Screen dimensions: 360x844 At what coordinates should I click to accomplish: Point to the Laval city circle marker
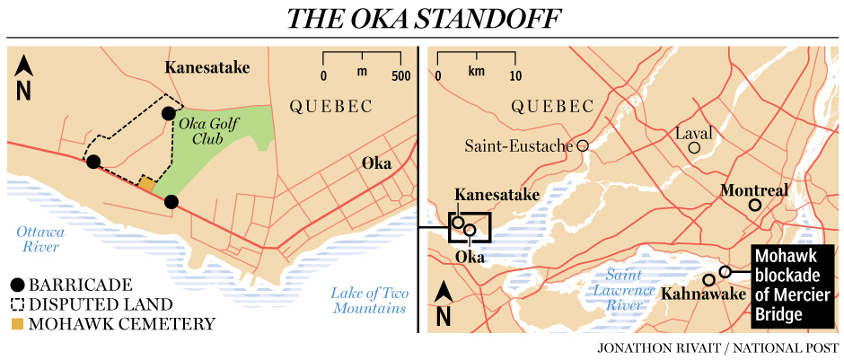click(x=693, y=147)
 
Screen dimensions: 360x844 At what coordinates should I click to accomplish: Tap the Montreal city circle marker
click(x=755, y=206)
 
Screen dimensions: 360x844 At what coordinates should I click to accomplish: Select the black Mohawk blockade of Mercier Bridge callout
click(x=790, y=285)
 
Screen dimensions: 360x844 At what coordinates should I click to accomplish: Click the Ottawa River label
click(x=39, y=240)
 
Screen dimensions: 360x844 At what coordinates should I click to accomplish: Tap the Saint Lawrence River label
click(x=622, y=290)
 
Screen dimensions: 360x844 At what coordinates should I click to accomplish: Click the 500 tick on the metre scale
click(x=400, y=75)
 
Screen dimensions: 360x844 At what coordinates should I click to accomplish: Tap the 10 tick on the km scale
click(x=514, y=75)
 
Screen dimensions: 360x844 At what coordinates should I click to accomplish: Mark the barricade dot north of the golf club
click(x=168, y=113)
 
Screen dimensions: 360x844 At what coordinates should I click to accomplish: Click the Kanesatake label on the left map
click(x=207, y=67)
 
